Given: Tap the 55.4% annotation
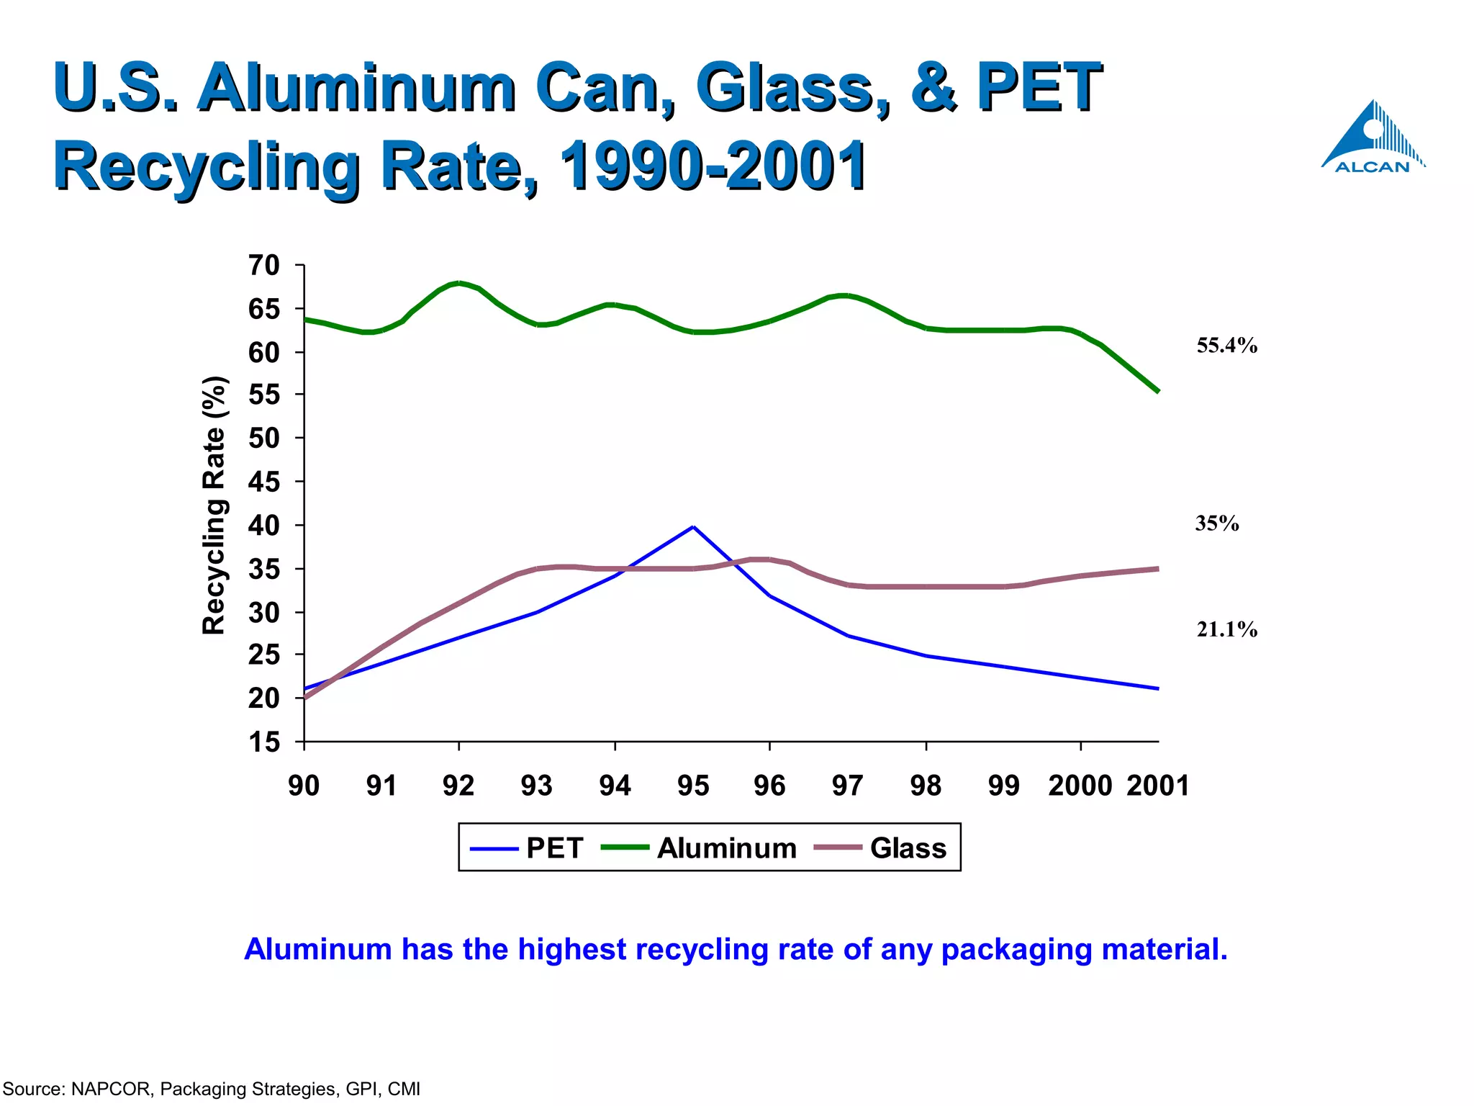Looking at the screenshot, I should point(1226,346).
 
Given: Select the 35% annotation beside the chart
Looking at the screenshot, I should point(1216,523).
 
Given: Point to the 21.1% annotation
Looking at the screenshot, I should point(1226,629).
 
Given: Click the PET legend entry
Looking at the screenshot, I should point(527,848).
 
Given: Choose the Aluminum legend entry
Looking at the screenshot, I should point(698,848).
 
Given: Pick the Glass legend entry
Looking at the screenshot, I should point(880,848).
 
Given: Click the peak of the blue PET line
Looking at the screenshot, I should point(692,526).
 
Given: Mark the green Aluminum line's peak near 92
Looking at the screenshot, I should point(459,283).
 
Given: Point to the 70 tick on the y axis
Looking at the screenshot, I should point(263,266).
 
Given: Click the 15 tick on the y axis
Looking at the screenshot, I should point(263,742).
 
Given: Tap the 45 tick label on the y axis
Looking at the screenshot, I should point(263,482).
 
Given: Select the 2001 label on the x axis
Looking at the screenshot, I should point(1157,785).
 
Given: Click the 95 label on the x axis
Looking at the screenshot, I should point(692,785).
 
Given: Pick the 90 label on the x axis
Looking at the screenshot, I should point(304,785).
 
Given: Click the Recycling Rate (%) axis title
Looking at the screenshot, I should point(214,505).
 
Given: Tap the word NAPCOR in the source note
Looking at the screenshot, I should point(112,1089).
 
